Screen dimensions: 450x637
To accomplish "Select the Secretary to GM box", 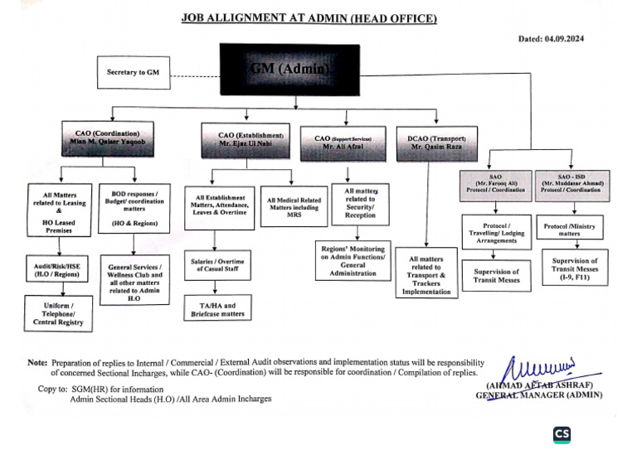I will click(133, 73).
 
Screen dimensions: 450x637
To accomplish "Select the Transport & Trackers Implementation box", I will click(426, 272).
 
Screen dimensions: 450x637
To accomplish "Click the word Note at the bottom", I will click(37, 363).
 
